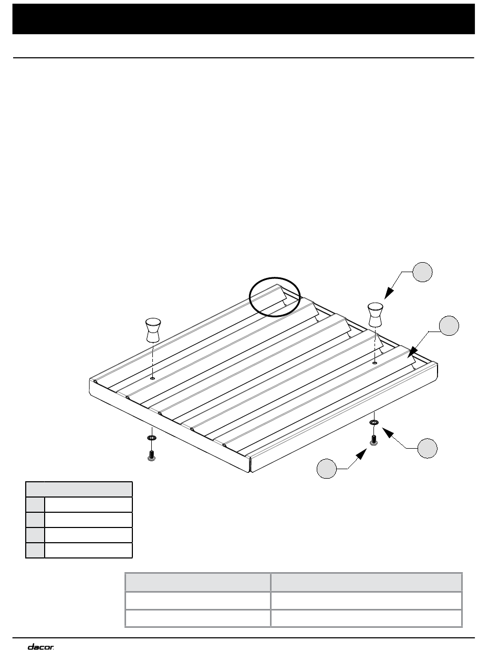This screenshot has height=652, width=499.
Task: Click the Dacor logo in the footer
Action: tap(41, 645)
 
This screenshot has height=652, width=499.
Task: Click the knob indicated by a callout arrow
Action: tap(375, 315)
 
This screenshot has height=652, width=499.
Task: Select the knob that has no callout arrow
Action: tap(153, 330)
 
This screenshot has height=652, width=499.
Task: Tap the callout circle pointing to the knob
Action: tap(422, 272)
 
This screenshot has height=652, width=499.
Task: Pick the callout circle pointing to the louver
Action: tap(449, 326)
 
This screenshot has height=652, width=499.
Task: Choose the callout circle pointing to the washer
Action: tap(428, 448)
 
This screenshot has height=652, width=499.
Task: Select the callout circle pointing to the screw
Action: tap(327, 468)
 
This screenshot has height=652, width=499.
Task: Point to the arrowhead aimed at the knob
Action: tap(389, 293)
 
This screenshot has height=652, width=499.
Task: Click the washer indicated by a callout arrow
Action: tap(373, 422)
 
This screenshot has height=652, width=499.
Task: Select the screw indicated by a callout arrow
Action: tap(373, 440)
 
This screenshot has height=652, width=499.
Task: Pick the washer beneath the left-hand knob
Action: tap(152, 438)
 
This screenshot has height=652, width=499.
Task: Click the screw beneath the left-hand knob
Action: tap(152, 455)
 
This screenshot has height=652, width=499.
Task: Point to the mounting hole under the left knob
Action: tap(153, 378)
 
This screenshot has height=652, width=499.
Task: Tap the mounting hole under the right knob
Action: tap(375, 363)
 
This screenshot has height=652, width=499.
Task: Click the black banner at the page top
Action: tap(244, 19)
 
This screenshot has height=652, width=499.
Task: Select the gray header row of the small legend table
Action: tap(79, 489)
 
